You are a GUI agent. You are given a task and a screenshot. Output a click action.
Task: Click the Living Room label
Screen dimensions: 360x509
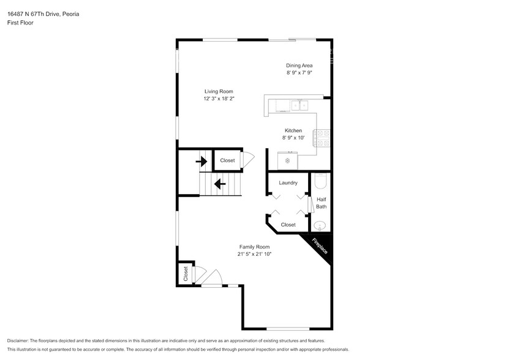219,91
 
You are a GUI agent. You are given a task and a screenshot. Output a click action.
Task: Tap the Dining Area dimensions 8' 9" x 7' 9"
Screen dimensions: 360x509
300,73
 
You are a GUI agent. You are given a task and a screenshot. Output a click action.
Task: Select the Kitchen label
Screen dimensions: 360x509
293,130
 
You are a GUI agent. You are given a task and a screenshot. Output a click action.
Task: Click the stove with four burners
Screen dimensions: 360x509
323,138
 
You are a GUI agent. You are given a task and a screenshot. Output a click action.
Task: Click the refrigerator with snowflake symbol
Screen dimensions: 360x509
287,161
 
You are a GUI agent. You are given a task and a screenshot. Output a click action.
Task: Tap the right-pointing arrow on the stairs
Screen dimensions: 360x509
201,162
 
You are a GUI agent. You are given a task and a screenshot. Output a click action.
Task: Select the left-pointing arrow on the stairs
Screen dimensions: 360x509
219,182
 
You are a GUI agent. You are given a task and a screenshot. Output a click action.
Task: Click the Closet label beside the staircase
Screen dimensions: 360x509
227,160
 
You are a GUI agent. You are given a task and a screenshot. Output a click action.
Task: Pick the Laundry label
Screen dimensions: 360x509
288,183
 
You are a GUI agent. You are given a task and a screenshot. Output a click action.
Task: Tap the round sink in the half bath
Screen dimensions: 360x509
322,225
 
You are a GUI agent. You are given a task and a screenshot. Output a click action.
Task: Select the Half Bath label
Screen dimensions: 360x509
322,203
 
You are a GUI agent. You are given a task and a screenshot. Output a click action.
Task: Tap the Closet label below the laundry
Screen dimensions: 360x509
288,225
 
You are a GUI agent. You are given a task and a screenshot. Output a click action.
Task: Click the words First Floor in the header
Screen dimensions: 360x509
20,23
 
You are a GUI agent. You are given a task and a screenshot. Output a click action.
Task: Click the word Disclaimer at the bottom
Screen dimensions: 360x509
18,340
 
